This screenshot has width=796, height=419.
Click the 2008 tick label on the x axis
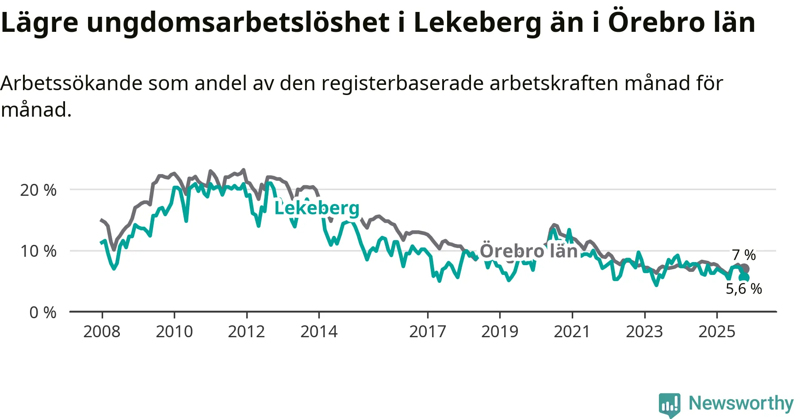point(102,331)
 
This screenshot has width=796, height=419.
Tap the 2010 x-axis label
point(174,331)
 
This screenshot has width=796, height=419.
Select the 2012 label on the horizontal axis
point(246,331)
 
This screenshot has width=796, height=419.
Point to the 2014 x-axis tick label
point(319,331)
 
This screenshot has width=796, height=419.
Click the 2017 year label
point(427,331)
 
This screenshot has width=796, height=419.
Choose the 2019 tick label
point(500,331)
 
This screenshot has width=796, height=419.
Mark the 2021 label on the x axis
point(572,331)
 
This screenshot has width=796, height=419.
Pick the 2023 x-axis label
point(644,331)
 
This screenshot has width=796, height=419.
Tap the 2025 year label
point(717,331)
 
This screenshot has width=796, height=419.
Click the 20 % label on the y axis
point(38,190)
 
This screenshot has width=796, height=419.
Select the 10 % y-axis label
point(38,251)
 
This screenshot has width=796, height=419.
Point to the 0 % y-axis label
point(43,312)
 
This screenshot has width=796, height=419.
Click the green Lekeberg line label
point(317,208)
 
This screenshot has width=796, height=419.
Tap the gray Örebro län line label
point(528,251)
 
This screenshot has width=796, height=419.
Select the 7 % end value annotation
point(744,255)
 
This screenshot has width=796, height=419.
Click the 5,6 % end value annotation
point(744,289)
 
